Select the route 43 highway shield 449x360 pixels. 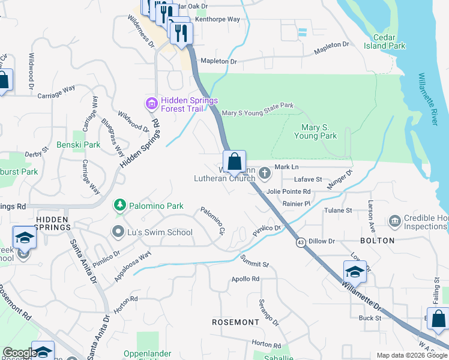tap(299, 242)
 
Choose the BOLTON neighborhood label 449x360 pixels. tap(377, 241)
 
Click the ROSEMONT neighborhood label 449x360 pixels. tap(235, 322)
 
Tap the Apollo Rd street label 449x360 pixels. tap(246, 279)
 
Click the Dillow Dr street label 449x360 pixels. tap(322, 241)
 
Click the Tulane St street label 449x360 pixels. tap(339, 211)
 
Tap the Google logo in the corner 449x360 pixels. tap(20, 353)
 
